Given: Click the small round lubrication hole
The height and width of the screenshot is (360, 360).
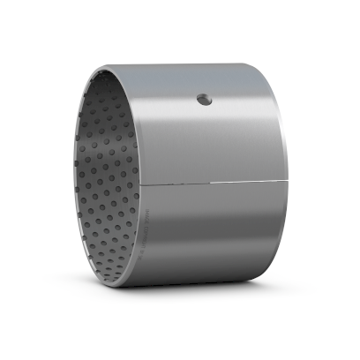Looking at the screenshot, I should pos(205,99).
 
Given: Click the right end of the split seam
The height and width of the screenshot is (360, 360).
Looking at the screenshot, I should pos(289,184).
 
